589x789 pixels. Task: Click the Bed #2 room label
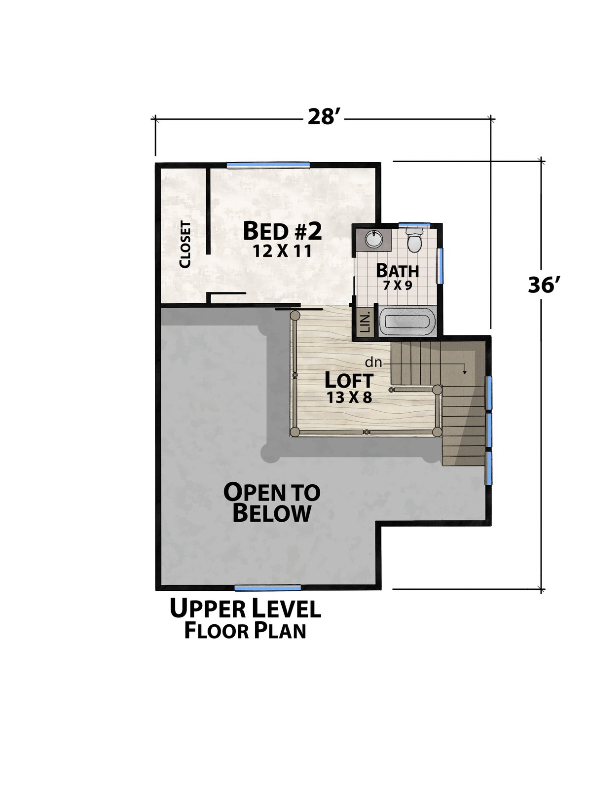(282, 231)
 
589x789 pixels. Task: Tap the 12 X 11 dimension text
(282, 251)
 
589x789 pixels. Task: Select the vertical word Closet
(185, 244)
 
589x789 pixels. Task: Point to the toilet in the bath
(414, 240)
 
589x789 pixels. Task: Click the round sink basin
(374, 239)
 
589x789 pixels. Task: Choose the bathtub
(408, 322)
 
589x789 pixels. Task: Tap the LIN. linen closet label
(365, 323)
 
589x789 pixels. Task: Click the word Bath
(398, 271)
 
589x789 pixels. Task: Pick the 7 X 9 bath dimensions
(397, 285)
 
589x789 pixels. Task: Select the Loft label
(349, 380)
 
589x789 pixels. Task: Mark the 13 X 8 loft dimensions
(349, 397)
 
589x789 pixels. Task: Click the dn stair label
(373, 362)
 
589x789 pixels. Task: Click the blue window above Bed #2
(268, 165)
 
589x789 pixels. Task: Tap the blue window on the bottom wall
(267, 588)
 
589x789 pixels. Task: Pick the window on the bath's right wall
(439, 265)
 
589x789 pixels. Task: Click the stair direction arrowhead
(465, 372)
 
